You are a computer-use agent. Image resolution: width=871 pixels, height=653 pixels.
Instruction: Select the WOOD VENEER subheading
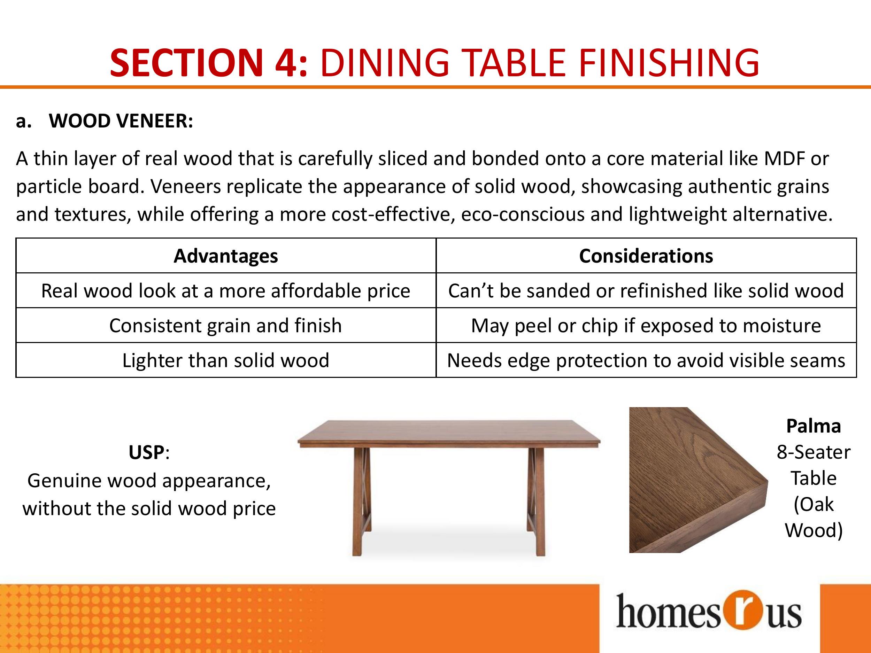coord(121,121)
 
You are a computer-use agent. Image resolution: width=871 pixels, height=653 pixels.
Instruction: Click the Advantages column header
coord(226,256)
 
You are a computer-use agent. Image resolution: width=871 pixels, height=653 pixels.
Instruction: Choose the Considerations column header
coord(646,256)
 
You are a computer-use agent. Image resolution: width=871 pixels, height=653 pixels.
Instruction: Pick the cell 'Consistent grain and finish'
coord(226,326)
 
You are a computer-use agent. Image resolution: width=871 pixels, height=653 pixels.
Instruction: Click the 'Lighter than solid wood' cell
coord(226,360)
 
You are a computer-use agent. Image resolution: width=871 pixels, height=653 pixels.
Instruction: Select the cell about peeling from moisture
coord(646,326)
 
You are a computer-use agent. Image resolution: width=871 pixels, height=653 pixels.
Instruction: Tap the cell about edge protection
coord(646,360)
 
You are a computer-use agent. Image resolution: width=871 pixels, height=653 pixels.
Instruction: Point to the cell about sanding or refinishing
coord(646,290)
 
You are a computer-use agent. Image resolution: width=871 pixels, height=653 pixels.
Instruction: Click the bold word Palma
coord(814,426)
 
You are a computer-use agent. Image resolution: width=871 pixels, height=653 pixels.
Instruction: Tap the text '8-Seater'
coord(814,452)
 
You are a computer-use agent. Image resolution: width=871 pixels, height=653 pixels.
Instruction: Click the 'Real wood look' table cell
coord(226,290)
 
